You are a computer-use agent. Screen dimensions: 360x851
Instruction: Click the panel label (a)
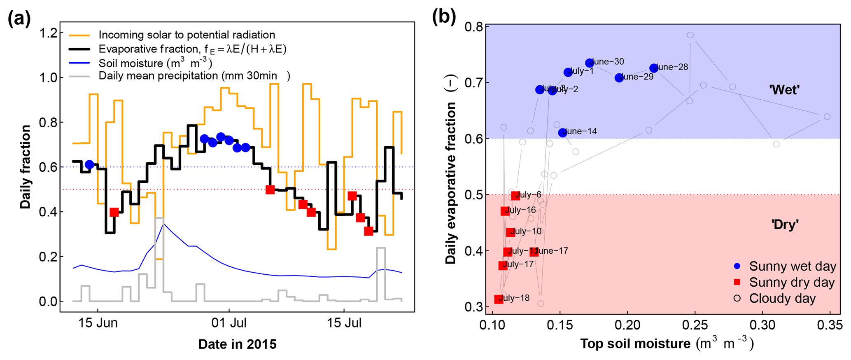point(19,19)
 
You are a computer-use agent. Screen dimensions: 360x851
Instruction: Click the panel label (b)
point(443,17)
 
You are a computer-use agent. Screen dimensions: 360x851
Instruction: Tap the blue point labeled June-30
point(590,63)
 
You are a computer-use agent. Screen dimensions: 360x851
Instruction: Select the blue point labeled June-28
point(653,68)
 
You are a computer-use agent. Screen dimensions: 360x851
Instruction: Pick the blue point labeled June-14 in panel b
point(562,133)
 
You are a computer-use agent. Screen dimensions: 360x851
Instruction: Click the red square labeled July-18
point(499,299)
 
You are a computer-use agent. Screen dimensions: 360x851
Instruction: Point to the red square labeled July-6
point(515,195)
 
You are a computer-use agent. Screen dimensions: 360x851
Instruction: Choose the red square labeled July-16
point(505,211)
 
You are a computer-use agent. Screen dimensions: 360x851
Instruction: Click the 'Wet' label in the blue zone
point(784,90)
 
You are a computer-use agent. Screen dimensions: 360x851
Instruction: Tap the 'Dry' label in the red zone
point(785,224)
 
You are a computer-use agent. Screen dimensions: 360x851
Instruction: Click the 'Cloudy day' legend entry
point(782,298)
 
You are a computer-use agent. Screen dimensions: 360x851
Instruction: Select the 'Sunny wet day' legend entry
point(792,266)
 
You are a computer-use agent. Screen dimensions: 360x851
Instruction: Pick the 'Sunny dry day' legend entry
point(791,283)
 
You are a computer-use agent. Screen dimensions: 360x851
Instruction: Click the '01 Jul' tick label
point(229,323)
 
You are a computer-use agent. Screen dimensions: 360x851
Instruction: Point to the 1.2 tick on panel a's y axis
point(48,33)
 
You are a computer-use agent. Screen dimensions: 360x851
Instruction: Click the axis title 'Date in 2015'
point(237,344)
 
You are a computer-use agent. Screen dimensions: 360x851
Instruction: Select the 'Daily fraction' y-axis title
point(26,167)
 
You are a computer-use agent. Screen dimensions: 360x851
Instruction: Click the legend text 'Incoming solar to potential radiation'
point(187,35)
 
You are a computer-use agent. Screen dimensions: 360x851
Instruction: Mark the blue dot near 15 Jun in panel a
point(89,164)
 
